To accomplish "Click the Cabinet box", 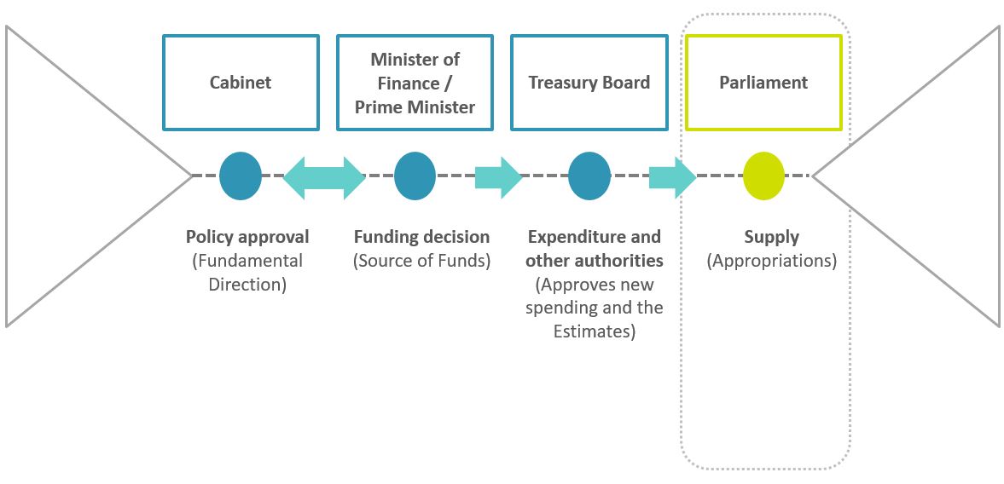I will (x=241, y=83).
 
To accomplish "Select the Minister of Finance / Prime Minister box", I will (x=415, y=83).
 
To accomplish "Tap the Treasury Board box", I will (x=589, y=83).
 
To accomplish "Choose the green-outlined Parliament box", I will (x=763, y=83).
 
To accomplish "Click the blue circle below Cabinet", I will (x=241, y=176).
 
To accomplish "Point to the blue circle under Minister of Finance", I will (x=415, y=176).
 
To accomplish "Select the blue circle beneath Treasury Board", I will (x=589, y=176).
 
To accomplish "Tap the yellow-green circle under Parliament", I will (x=763, y=176).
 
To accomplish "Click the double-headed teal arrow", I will (x=324, y=176).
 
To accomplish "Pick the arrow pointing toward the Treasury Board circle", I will (x=498, y=176).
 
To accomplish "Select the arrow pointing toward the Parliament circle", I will (x=672, y=176).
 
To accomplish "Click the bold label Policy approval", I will (x=247, y=237).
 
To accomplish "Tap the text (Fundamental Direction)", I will (x=247, y=273).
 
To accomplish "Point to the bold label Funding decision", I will (x=421, y=237).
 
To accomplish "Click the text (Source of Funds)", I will (x=421, y=261).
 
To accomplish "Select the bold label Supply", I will (x=771, y=237).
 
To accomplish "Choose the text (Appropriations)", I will (x=771, y=261).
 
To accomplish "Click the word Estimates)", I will (x=595, y=331).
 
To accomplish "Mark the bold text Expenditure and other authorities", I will (x=594, y=249).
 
